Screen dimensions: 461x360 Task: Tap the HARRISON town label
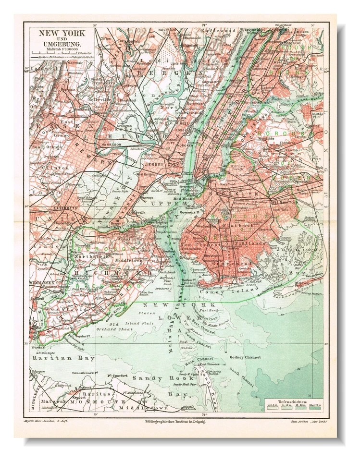tap(110, 144)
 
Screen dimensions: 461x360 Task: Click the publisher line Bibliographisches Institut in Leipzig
tap(175, 421)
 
